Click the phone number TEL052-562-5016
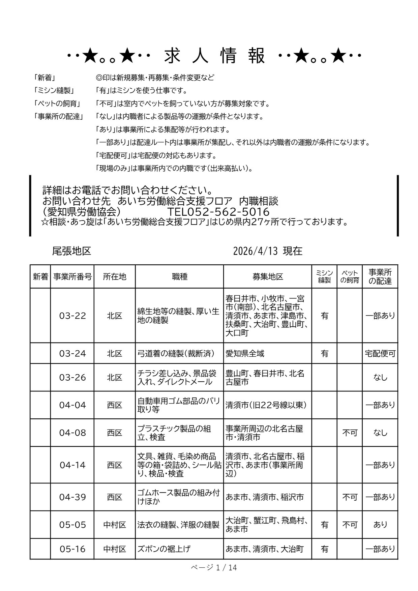(x=218, y=212)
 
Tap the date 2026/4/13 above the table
(x=255, y=251)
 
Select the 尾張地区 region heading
(x=71, y=251)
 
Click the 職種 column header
(x=179, y=277)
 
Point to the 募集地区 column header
(x=268, y=277)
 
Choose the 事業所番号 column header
(x=72, y=277)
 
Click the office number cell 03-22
(x=72, y=316)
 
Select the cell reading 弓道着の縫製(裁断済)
(x=176, y=354)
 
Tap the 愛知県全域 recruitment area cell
(x=245, y=354)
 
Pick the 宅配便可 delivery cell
(x=380, y=354)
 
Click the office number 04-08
(x=72, y=433)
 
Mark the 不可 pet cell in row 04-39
(x=350, y=497)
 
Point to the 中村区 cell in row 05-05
(x=115, y=525)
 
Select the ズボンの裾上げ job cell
(x=164, y=549)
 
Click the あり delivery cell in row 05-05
(x=380, y=525)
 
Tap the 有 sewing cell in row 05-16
(x=324, y=549)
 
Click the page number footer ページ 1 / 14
(x=214, y=568)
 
